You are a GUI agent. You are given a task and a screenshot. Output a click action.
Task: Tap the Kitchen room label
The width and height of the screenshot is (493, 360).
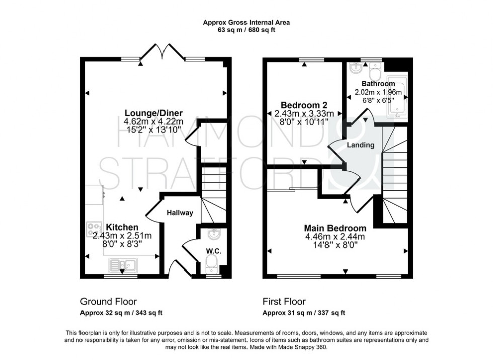pos(122,227)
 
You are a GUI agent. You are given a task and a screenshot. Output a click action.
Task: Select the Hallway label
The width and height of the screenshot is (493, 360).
pos(180,213)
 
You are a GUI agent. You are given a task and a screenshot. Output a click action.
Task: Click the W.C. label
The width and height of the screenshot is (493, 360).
pos(214,250)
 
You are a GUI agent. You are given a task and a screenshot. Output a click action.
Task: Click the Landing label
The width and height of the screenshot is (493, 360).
pos(361,145)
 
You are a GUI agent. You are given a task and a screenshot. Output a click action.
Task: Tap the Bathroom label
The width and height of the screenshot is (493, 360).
pos(378,84)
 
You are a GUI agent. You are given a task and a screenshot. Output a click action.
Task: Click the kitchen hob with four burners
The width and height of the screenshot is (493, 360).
pos(95,229)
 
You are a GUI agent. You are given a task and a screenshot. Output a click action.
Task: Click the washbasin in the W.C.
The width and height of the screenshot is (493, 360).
pos(213,234)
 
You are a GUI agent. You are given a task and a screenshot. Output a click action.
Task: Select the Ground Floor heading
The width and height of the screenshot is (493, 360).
pos(109,302)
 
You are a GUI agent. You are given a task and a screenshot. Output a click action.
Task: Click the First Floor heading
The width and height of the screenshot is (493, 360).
pos(284,302)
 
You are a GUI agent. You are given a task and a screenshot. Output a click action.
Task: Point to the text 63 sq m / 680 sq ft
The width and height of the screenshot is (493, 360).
pos(247,30)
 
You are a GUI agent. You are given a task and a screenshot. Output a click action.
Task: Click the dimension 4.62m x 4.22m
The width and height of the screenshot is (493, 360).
pos(153,121)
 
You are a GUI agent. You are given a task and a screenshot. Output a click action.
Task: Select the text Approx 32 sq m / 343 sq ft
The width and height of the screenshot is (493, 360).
pos(121,313)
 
